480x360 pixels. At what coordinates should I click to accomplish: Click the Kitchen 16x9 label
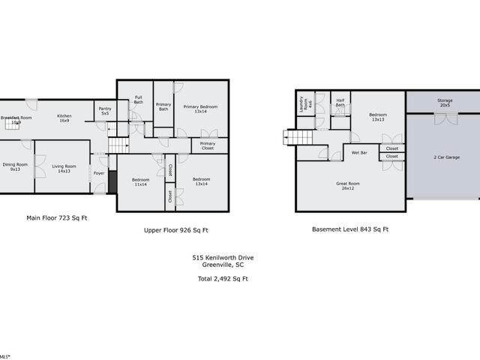(x=65, y=118)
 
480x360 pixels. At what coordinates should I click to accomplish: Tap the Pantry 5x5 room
(x=105, y=111)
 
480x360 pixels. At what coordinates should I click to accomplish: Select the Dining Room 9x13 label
(x=15, y=168)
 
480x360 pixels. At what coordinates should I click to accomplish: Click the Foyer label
(x=99, y=173)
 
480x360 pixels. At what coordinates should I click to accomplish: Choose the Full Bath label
(x=139, y=99)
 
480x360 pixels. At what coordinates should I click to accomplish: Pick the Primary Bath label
(x=163, y=108)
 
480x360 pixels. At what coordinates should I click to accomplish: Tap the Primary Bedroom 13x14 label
(x=200, y=109)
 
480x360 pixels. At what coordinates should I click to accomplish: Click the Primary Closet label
(x=208, y=145)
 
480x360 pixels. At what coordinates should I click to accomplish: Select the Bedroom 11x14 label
(x=141, y=181)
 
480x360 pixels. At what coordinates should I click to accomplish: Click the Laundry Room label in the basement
(x=303, y=106)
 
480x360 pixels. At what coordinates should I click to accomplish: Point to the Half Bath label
(x=340, y=103)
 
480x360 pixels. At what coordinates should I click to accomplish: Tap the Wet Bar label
(x=359, y=153)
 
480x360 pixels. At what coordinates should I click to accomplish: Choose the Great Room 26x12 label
(x=349, y=185)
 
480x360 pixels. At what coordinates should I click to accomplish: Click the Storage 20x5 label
(x=444, y=103)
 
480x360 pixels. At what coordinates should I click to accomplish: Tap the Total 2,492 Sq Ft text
(x=217, y=278)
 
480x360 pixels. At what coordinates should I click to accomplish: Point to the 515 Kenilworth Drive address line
(x=217, y=257)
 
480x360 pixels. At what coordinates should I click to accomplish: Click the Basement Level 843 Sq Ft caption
(x=350, y=229)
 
